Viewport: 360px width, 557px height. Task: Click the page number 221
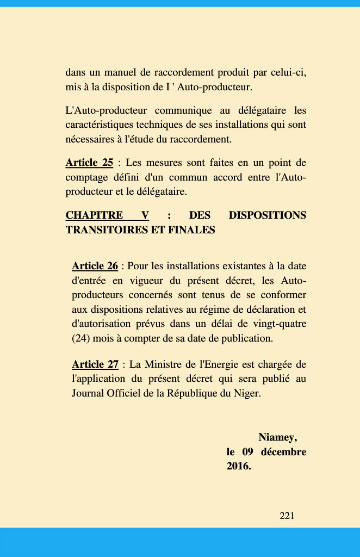[x=287, y=516]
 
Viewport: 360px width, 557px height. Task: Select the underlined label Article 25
[x=89, y=163]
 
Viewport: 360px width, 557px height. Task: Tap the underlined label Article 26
[x=95, y=266]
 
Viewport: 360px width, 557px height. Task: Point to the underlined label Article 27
[x=95, y=364]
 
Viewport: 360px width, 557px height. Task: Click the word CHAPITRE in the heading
[x=94, y=215]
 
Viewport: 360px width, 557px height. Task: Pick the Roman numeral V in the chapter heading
[x=145, y=215]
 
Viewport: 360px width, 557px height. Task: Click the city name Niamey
[x=277, y=437]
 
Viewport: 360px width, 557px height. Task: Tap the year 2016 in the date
[x=238, y=467]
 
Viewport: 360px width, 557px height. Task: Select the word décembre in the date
[x=283, y=452]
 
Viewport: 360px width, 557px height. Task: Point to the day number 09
[x=248, y=452]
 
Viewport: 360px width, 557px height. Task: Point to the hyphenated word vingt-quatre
[x=281, y=324]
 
